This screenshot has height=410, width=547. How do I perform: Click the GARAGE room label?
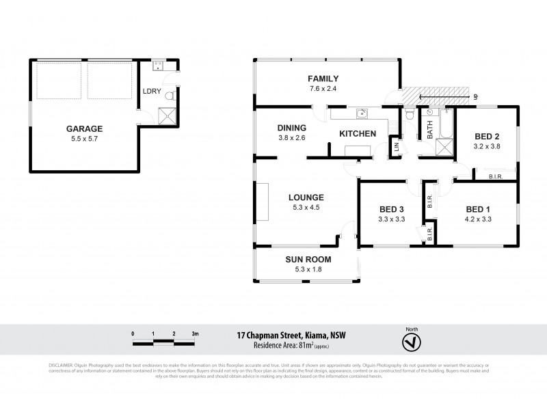[84, 128]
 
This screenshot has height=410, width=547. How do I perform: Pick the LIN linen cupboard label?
[395, 146]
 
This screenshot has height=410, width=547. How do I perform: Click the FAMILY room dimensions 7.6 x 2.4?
[323, 89]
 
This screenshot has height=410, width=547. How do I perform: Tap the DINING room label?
[291, 128]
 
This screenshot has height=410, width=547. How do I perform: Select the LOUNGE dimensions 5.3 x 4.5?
[305, 207]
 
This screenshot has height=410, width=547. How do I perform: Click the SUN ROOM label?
[308, 260]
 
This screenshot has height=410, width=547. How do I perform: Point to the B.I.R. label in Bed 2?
[496, 177]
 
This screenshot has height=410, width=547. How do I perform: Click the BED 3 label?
[392, 210]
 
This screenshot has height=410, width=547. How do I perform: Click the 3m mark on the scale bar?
[195, 333]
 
